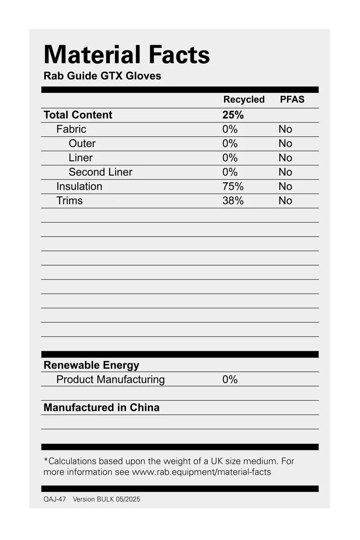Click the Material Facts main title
pyautogui.click(x=126, y=54)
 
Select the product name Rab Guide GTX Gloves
pyautogui.click(x=102, y=76)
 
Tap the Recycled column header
pyautogui.click(x=244, y=100)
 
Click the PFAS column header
pyautogui.click(x=292, y=100)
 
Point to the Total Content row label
pyautogui.click(x=78, y=115)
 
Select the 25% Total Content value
pyautogui.click(x=233, y=115)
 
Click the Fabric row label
pyautogui.click(x=71, y=129)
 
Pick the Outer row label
pyautogui.click(x=82, y=144)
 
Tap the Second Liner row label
pyautogui.click(x=100, y=172)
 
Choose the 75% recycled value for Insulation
pyautogui.click(x=233, y=186)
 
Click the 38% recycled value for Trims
pyautogui.click(x=233, y=201)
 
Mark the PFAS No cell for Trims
pyautogui.click(x=285, y=201)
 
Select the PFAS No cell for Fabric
pyautogui.click(x=285, y=129)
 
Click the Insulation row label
pyautogui.click(x=79, y=186)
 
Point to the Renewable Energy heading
pyautogui.click(x=91, y=365)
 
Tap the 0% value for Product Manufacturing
pyautogui.click(x=229, y=380)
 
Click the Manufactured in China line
pyautogui.click(x=101, y=408)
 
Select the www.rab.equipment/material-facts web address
pyautogui.click(x=201, y=472)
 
